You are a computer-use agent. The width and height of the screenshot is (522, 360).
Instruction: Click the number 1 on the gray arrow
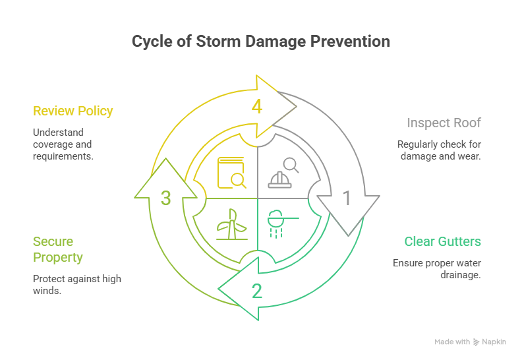(347, 198)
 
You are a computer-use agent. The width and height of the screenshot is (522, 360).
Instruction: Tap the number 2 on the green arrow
(257, 290)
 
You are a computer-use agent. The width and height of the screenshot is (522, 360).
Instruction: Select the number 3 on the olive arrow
(166, 198)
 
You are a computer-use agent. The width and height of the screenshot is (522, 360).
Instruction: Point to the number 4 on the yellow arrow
(257, 106)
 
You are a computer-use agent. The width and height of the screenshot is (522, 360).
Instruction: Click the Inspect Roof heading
(444, 123)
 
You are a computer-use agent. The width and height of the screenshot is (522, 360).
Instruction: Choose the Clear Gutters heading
(442, 241)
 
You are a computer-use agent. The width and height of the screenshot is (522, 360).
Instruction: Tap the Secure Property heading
(58, 249)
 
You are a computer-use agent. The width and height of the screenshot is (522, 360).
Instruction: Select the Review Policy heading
(73, 111)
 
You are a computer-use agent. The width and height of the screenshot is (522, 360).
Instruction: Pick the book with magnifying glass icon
(232, 172)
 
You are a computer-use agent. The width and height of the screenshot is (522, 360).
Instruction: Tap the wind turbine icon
(232, 225)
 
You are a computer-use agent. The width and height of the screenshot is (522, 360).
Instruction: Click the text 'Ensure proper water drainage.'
(436, 268)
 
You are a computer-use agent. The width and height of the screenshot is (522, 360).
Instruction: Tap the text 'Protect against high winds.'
(76, 284)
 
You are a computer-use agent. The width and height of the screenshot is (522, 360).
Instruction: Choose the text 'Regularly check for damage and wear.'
(438, 150)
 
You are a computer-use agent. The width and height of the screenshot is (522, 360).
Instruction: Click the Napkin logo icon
(477, 342)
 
